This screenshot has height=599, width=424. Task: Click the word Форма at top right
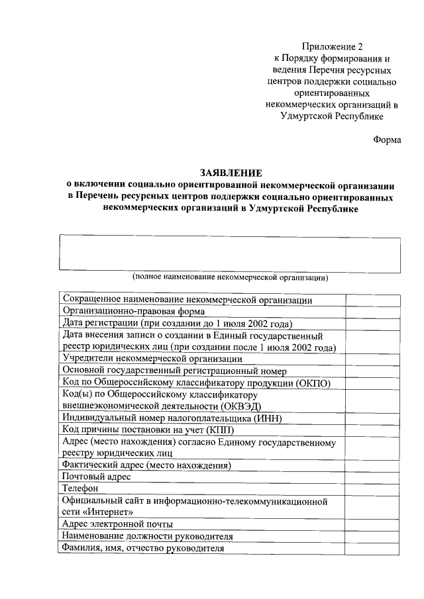[x=388, y=140]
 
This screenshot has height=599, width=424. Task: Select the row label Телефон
[x=81, y=488]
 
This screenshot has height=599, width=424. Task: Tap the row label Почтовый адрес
[x=96, y=477]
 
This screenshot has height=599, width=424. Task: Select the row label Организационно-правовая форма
[x=133, y=311]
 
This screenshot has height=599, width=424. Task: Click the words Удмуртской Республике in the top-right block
[x=332, y=116]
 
